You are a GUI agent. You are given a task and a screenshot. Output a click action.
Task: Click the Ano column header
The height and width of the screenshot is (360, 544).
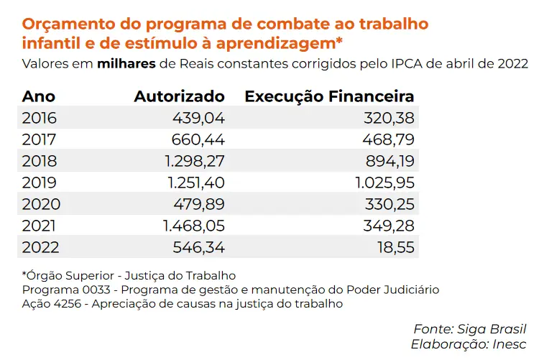[x=39, y=97]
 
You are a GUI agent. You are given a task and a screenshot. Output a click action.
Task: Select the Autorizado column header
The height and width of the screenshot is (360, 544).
[x=179, y=97]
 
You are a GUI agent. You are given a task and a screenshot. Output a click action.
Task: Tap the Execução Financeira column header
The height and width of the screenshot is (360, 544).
[x=330, y=97]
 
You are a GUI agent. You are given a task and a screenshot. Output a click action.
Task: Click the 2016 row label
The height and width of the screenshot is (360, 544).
[x=40, y=119]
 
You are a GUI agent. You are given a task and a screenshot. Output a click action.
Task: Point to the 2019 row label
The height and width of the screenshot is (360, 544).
[x=40, y=183]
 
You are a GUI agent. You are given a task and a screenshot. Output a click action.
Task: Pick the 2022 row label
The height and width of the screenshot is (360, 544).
[x=40, y=247]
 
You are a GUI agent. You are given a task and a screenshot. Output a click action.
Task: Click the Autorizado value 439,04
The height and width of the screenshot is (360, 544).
[x=198, y=119]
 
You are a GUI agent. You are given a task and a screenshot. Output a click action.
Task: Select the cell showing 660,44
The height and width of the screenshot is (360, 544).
[x=198, y=140]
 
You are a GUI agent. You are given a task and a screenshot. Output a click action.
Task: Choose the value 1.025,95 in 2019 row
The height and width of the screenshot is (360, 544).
[x=384, y=183]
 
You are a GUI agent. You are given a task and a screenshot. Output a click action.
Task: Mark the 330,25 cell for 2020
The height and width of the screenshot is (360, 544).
[x=390, y=204]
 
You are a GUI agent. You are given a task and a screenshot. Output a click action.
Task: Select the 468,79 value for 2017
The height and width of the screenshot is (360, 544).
[x=390, y=140]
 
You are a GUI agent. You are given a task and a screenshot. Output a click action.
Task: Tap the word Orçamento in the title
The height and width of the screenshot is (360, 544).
[x=65, y=24]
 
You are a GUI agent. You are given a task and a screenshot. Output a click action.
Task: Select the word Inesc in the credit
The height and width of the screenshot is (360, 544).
[x=510, y=344]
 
